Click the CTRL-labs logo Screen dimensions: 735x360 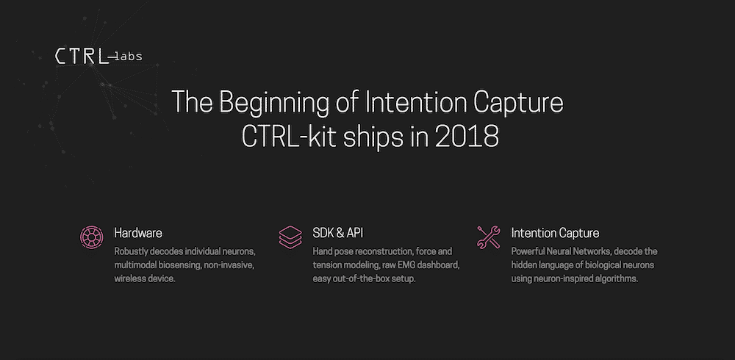pyautogui.click(x=98, y=57)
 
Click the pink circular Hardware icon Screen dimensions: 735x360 pyautogui.click(x=92, y=237)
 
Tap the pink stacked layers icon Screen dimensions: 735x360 pyautogui.click(x=290, y=237)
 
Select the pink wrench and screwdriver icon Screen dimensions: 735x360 pyautogui.click(x=489, y=237)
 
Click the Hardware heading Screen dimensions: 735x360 pyautogui.click(x=138, y=233)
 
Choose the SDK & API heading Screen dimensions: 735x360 pyautogui.click(x=338, y=233)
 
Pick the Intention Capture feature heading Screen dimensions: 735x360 pyautogui.click(x=555, y=233)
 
